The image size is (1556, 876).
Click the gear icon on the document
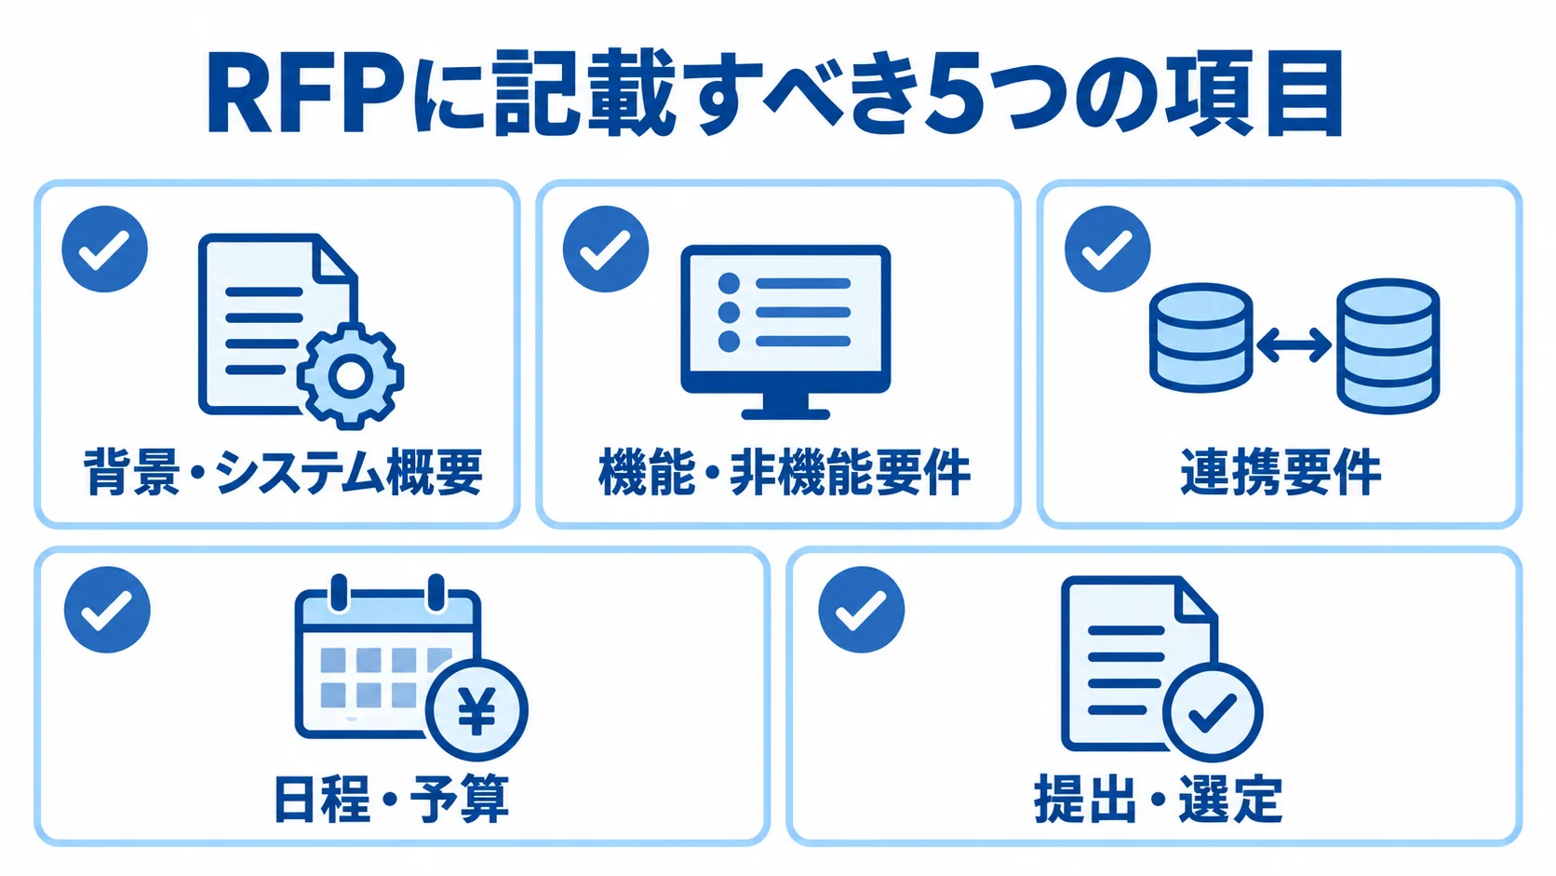click(x=350, y=375)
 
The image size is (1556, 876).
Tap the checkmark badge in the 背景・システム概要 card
click(x=105, y=249)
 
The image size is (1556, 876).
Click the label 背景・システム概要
click(x=284, y=472)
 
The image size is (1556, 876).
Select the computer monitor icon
click(x=785, y=332)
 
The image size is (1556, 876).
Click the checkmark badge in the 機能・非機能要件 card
click(x=606, y=249)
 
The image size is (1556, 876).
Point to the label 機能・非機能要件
click(x=785, y=472)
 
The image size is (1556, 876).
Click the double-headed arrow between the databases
click(x=1294, y=345)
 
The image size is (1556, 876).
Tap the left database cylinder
click(x=1201, y=337)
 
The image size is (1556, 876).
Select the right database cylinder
click(x=1388, y=346)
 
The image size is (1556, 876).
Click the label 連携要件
click(x=1281, y=472)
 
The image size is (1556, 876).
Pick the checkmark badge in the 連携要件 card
click(x=1107, y=249)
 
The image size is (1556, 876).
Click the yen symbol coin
click(x=476, y=710)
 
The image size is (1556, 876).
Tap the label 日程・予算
click(x=391, y=799)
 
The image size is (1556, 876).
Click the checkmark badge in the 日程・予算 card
click(x=107, y=609)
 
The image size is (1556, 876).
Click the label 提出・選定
click(x=1158, y=799)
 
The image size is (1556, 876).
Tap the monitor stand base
click(x=785, y=414)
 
